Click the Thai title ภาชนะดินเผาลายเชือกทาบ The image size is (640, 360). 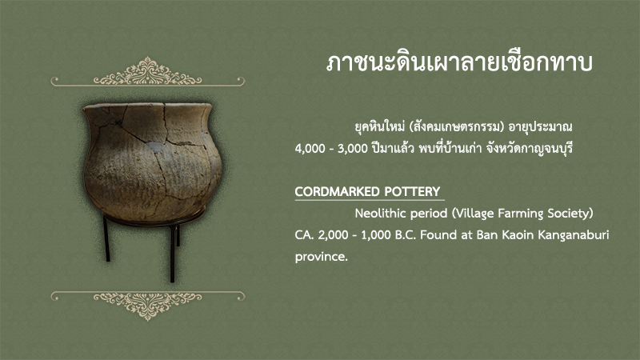[x=459, y=63]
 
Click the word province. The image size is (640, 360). [x=322, y=257]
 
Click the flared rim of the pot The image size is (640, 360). [x=148, y=107]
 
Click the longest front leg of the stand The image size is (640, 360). [x=172, y=253]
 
